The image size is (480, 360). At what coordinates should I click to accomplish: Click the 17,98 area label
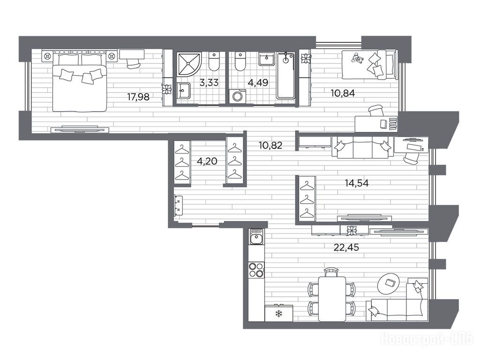pyautogui.click(x=138, y=97)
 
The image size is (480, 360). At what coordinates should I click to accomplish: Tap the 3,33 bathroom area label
pyautogui.click(x=209, y=82)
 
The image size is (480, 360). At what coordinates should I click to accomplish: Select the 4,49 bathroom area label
pyautogui.click(x=258, y=82)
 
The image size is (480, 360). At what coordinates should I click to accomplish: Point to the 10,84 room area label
pyautogui.click(x=343, y=93)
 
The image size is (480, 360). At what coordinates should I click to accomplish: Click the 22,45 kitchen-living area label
pyautogui.click(x=346, y=247)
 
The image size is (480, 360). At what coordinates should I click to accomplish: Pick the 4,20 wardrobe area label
pyautogui.click(x=207, y=161)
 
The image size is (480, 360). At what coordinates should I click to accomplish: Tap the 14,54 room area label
pyautogui.click(x=357, y=183)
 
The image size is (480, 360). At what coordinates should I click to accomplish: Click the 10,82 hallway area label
pyautogui.click(x=270, y=145)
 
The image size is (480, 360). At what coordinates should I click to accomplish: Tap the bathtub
pyautogui.click(x=285, y=75)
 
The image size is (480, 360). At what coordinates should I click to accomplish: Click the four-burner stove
pyautogui.click(x=256, y=270)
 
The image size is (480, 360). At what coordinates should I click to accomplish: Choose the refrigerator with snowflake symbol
pyautogui.click(x=279, y=313)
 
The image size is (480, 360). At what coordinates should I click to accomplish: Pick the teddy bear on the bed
pyautogui.click(x=357, y=59)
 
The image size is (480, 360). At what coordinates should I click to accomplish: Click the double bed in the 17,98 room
pyautogui.click(x=80, y=83)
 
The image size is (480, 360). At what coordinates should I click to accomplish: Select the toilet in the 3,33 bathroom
pyautogui.click(x=214, y=61)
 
